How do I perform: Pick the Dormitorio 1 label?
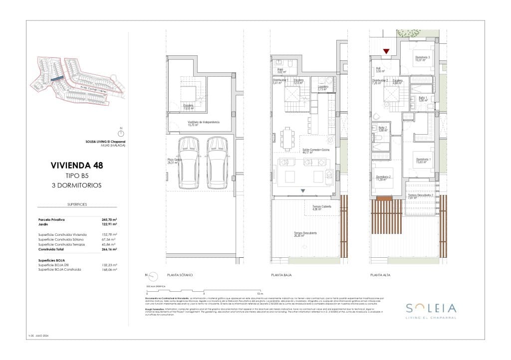[424, 161]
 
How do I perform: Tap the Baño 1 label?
[423, 99]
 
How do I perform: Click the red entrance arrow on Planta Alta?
[386, 51]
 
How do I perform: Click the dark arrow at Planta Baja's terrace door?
[302, 191]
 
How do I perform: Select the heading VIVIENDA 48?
[77, 165]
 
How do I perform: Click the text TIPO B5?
[77, 176]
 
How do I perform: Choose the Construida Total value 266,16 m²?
[109, 249]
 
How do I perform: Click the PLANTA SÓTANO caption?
[180, 275]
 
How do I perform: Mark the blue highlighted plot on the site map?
[56, 79]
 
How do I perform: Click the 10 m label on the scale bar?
[259, 294]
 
